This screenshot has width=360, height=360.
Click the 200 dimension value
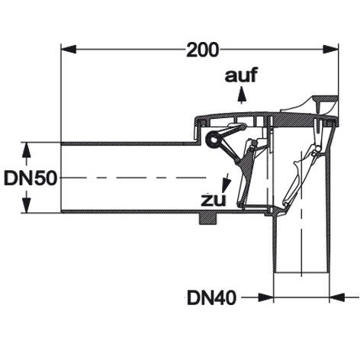pos(202,50)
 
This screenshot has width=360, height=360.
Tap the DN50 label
pos(31,178)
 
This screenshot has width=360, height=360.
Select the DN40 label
pos(212,298)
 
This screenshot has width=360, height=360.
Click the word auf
pos(241,75)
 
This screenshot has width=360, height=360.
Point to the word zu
pos(214,201)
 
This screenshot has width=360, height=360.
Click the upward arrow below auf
pos(241,95)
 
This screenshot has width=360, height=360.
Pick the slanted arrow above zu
pos(226,182)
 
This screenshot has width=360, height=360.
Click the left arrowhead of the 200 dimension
pos(69,49)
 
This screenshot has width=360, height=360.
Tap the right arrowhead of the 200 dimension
pos(330,49)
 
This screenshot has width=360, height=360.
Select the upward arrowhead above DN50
pos(27,151)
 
